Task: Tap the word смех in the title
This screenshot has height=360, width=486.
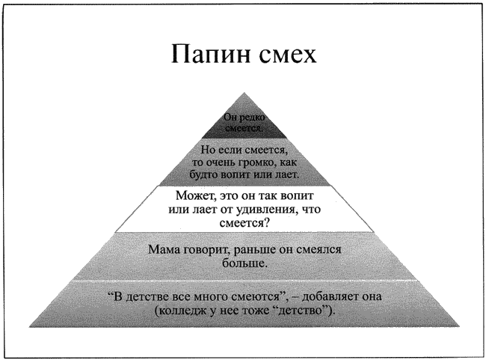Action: coord(287,55)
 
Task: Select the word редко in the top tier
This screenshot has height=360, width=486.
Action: coord(253,118)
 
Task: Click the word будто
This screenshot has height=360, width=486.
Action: coord(204,174)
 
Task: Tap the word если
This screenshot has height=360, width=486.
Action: coord(230,150)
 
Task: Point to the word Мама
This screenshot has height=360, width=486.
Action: coord(164,249)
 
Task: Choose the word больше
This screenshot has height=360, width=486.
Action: coord(244,263)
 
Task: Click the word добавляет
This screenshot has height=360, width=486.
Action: coord(329,296)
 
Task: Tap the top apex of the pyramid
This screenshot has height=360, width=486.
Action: coord(244,93)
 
